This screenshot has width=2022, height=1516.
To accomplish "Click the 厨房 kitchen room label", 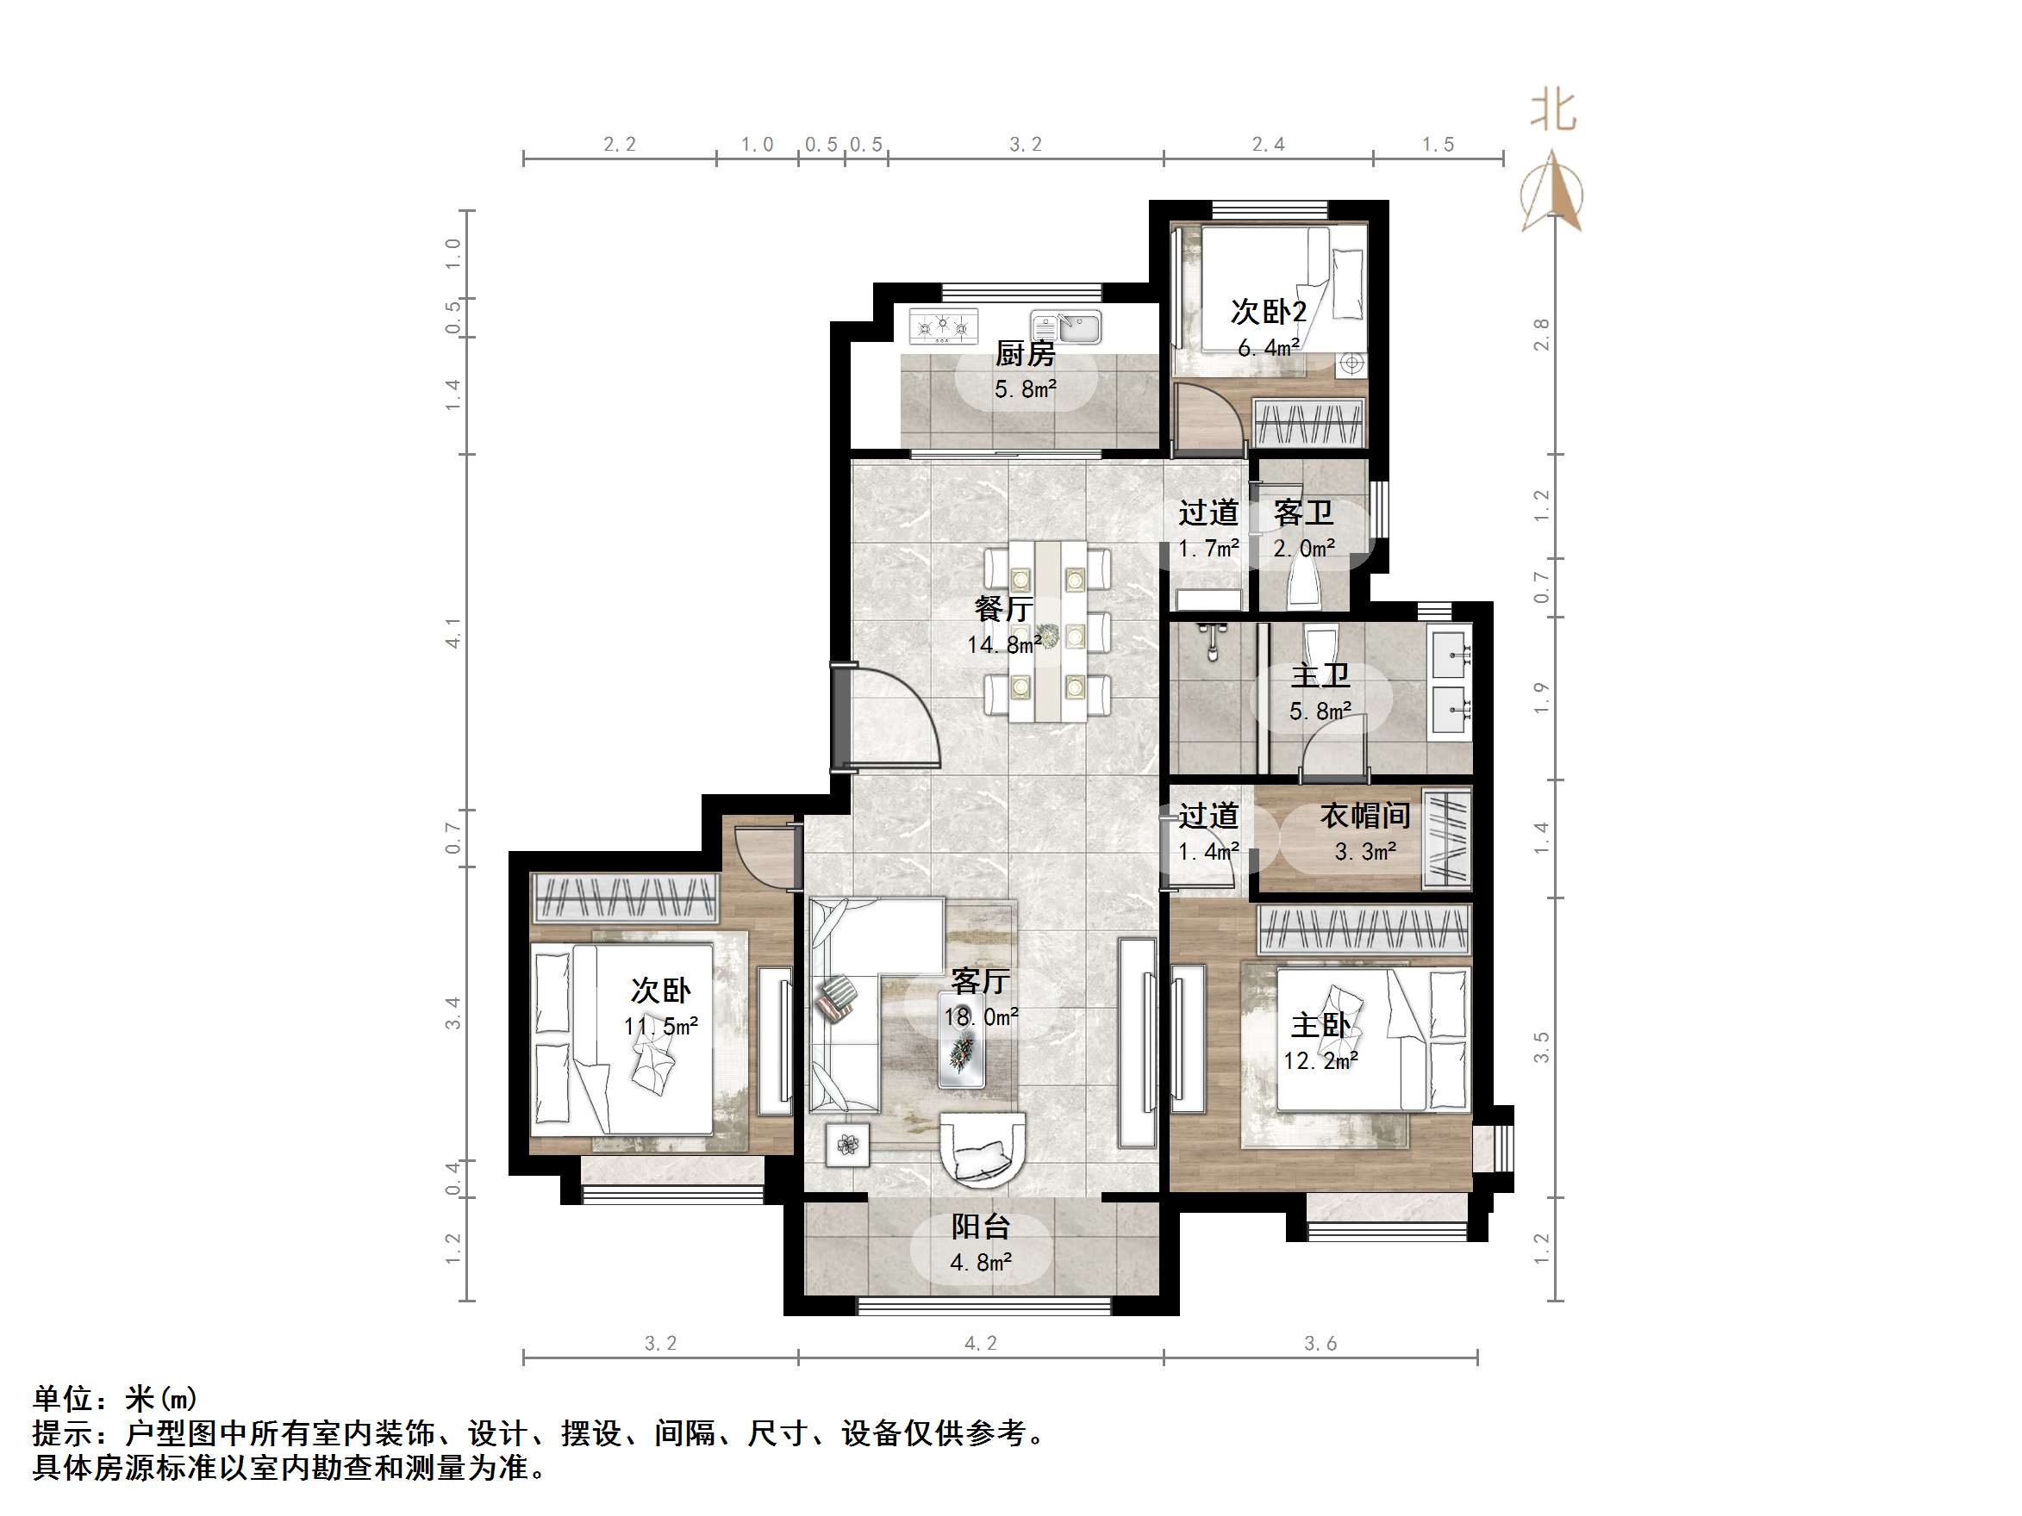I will pyautogui.click(x=1025, y=354).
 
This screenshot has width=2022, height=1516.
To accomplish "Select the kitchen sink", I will pyautogui.click(x=1067, y=326).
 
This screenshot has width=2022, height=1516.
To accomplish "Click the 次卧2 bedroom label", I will pyautogui.click(x=1268, y=312).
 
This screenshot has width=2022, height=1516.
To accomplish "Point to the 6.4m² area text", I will pyautogui.click(x=1268, y=348).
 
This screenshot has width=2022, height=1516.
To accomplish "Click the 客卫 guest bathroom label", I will pyautogui.click(x=1303, y=513).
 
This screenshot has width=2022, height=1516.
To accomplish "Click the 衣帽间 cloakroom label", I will pyautogui.click(x=1364, y=815).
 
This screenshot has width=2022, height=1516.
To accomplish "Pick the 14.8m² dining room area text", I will pyautogui.click(x=1004, y=644).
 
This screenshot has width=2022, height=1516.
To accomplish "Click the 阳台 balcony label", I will pyautogui.click(x=980, y=1227).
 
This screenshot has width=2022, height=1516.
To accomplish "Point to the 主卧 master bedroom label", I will pyautogui.click(x=1320, y=1025).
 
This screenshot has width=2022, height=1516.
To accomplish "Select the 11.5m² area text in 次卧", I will pyautogui.click(x=661, y=1026).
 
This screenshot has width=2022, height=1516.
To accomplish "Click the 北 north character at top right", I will pyautogui.click(x=1553, y=111).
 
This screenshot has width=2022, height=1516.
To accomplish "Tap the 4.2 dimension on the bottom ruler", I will pyautogui.click(x=980, y=1343).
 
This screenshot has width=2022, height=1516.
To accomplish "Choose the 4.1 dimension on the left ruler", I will pyautogui.click(x=452, y=633).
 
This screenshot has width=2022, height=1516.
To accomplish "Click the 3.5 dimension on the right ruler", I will pyautogui.click(x=1541, y=1047).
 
